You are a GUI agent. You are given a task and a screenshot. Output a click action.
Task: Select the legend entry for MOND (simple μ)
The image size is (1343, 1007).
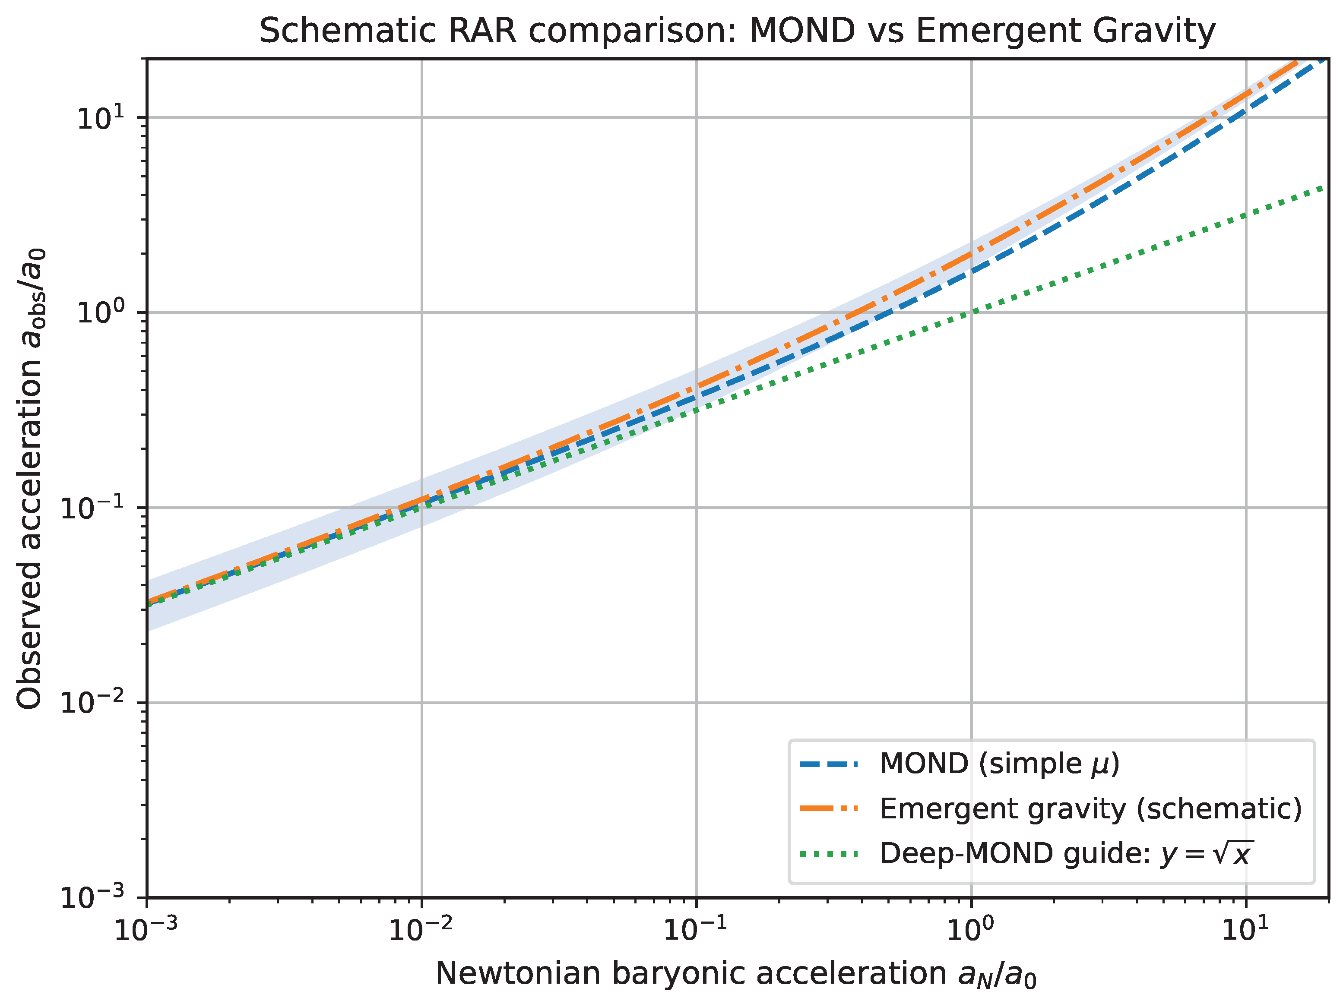click(x=999, y=764)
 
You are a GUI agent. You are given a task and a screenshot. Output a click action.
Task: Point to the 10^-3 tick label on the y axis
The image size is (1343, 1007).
click(x=92, y=896)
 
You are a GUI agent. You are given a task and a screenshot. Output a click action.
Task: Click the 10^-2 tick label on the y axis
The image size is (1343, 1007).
click(x=92, y=702)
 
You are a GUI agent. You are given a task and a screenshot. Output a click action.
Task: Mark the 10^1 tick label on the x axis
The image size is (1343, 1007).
click(x=1246, y=929)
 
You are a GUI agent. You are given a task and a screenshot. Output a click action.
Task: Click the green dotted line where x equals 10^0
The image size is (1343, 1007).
click(x=972, y=313)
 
